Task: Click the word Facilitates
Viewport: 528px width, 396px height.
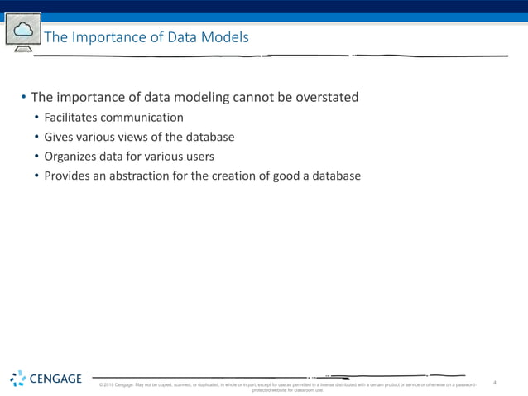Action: tap(71, 118)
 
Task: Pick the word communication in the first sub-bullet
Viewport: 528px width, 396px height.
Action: tap(142, 118)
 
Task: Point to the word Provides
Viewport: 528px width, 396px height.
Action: tap(69, 176)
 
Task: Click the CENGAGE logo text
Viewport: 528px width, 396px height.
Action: tap(55, 379)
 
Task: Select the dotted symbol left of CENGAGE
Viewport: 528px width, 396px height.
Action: tap(17, 379)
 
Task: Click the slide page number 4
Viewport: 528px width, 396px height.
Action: tap(494, 383)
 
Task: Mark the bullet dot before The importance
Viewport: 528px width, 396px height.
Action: tap(23, 99)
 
